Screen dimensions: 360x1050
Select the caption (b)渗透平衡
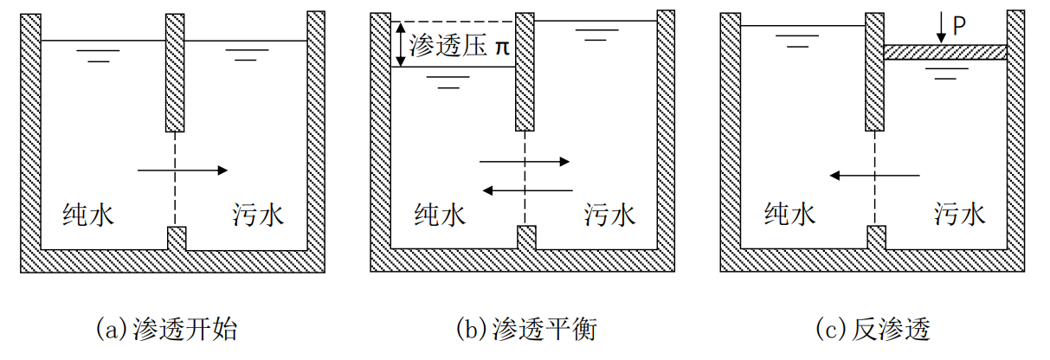525,330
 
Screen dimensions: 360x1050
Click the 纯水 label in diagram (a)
89,214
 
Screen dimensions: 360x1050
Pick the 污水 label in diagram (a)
258,214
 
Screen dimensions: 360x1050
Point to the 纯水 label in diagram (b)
440,214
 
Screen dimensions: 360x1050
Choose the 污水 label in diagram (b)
609,214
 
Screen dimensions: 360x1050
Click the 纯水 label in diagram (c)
789,214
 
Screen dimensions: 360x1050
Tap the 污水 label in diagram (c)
959,214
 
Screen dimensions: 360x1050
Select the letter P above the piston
959,26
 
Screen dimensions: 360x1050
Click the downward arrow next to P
941,29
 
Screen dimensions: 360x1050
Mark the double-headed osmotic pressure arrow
399,44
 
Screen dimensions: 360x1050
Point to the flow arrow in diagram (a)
182,170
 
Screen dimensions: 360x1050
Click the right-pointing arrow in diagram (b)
525,161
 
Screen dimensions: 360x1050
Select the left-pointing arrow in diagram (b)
527,190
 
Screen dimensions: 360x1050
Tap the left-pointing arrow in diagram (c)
874,176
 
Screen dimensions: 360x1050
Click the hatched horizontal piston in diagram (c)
945,53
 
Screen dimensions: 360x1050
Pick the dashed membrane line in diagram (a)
176,177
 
